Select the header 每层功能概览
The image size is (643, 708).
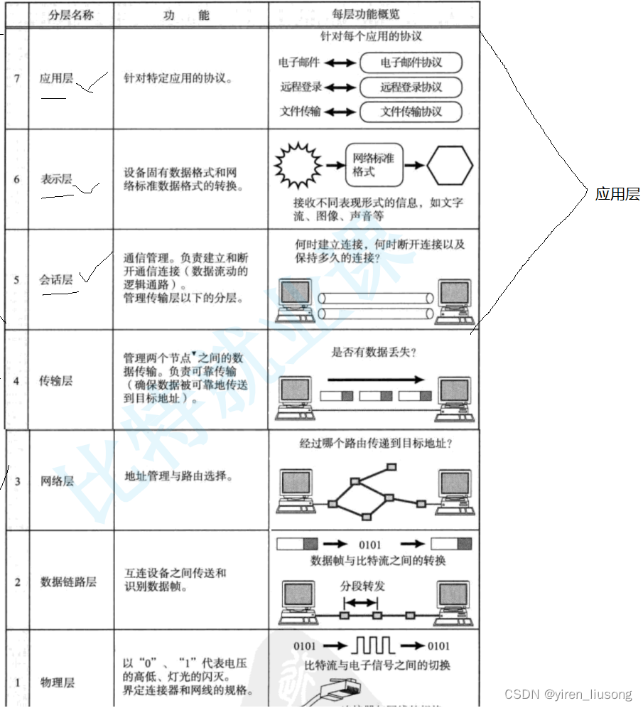(375, 14)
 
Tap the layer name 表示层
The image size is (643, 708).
(56, 179)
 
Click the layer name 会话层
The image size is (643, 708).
(56, 279)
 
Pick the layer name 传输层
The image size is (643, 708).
(56, 380)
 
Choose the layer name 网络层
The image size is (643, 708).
(57, 481)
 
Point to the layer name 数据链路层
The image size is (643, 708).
(68, 582)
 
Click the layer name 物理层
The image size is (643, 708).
(57, 683)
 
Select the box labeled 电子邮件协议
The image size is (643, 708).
(411, 63)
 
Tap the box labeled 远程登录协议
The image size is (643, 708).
(411, 87)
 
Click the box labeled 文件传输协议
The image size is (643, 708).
(411, 112)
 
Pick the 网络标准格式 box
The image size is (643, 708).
(374, 166)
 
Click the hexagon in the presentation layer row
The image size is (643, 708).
(449, 166)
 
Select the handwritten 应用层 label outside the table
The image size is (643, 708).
(617, 194)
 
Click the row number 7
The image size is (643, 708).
(16, 78)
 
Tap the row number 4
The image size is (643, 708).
(16, 381)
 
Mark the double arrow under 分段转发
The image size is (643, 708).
(360, 601)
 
